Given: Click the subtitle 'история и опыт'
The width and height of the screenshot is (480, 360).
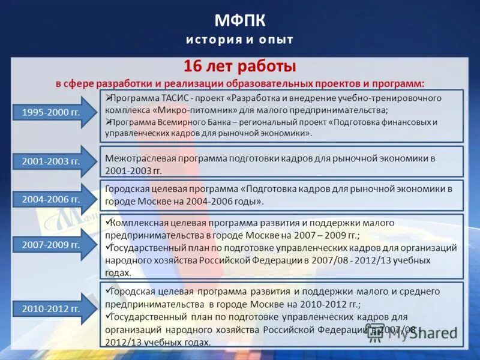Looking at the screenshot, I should coord(239,40).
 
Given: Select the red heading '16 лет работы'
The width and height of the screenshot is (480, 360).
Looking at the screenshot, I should coord(239,66).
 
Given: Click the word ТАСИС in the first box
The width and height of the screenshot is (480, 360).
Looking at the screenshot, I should coord(177,98).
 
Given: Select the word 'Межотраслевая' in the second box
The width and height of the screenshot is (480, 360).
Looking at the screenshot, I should coord(135,158).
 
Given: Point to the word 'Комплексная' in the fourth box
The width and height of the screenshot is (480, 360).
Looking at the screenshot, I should coord(139,223).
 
